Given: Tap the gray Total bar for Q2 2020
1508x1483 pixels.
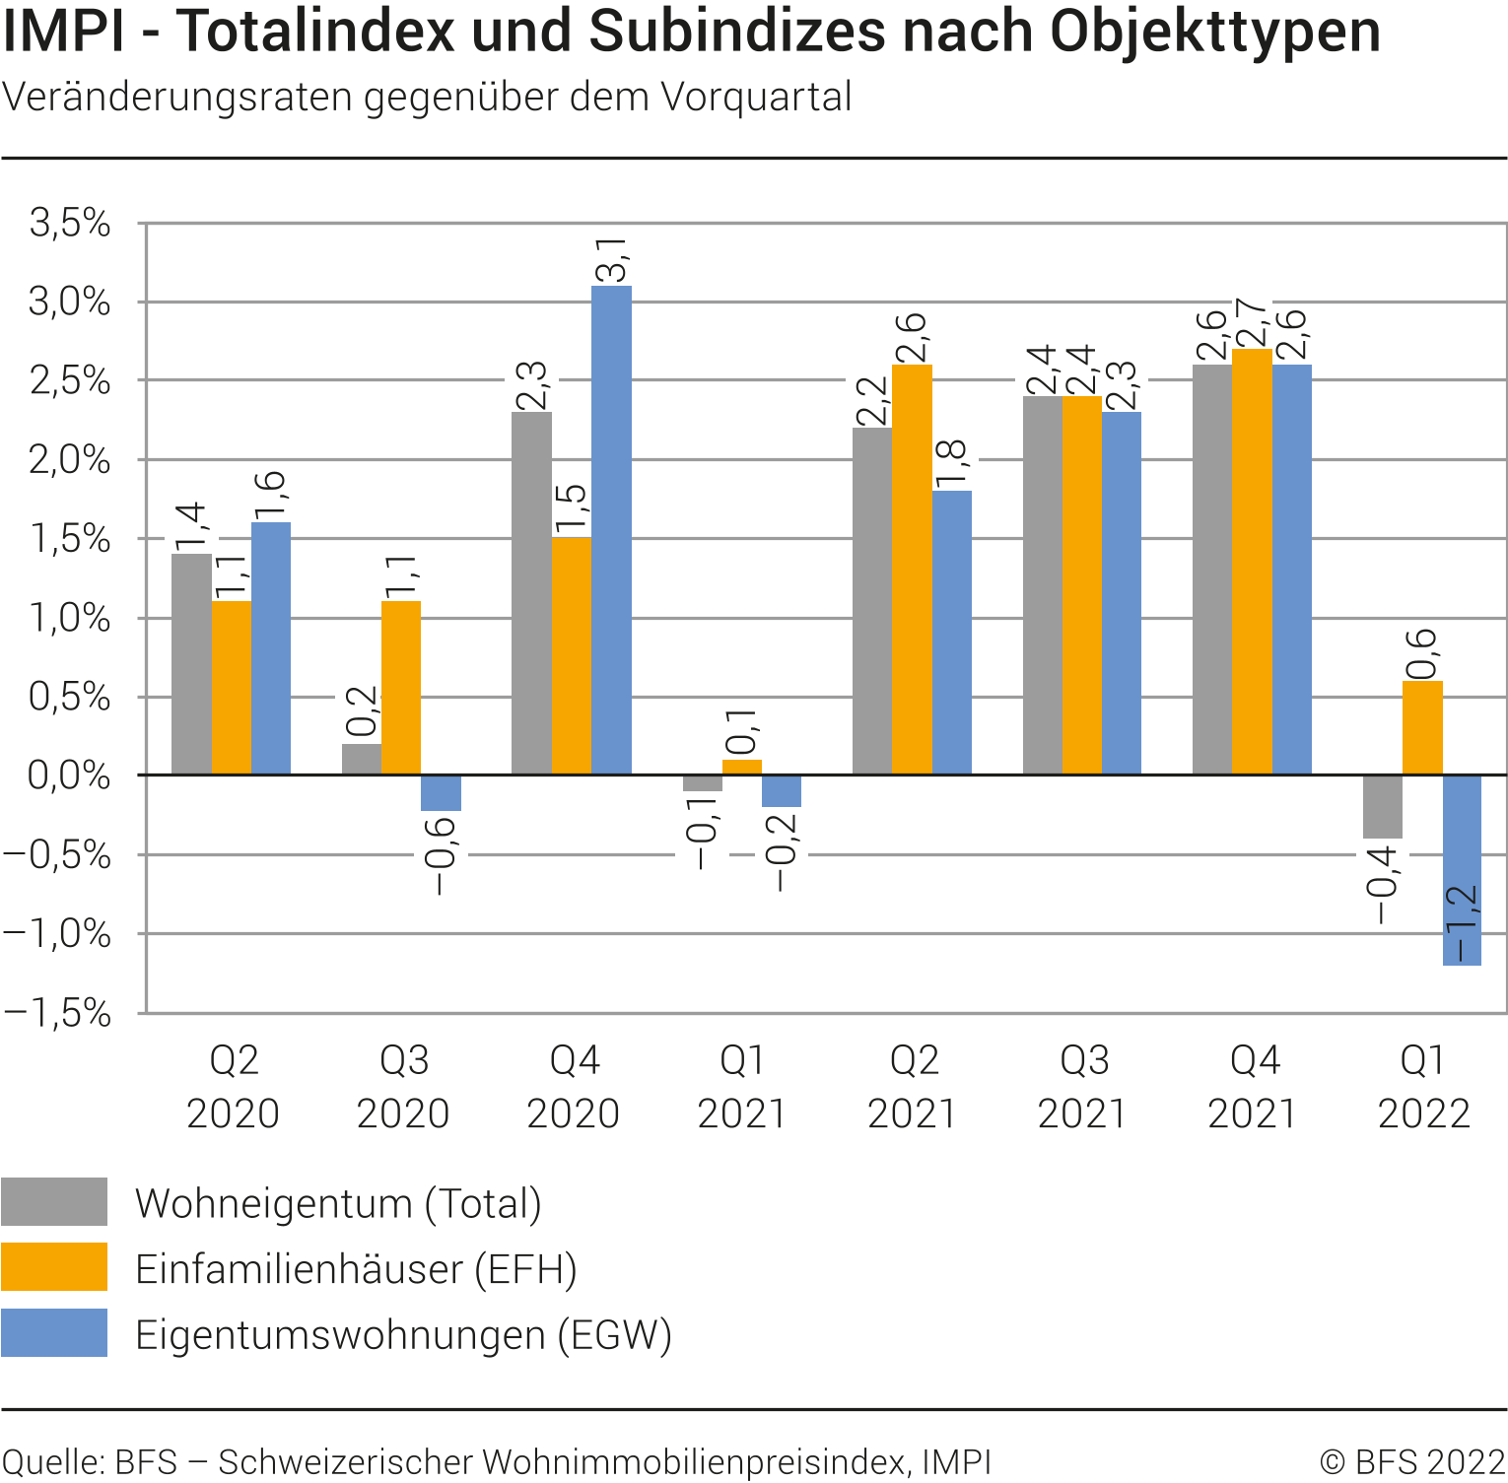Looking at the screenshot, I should tap(191, 664).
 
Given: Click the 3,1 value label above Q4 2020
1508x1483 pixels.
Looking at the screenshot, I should tap(612, 260).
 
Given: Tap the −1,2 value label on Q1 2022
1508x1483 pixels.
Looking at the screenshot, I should tap(1463, 924).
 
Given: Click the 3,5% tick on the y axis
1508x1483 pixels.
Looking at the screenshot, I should tap(70, 223).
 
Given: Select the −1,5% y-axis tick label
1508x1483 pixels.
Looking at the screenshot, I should tap(57, 1013).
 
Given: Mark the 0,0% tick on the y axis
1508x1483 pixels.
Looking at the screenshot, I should tap(69, 775).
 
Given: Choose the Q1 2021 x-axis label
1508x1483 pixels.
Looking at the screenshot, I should tap(742, 1087).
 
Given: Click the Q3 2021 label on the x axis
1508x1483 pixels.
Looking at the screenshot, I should tap(1082, 1087).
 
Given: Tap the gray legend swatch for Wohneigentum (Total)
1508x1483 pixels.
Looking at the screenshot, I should tap(54, 1201).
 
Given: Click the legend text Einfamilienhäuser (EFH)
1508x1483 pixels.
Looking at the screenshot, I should tap(356, 1269).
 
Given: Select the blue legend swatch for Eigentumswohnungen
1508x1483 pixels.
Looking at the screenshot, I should tap(54, 1332).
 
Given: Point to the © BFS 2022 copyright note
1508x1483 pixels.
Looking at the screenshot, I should tap(1412, 1461).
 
